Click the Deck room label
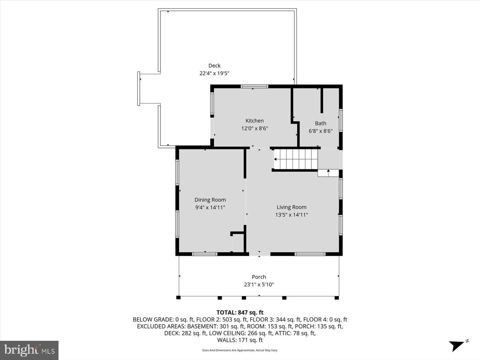pyautogui.click(x=214, y=66)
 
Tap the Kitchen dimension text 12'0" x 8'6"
pyautogui.click(x=255, y=128)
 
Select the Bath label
pyautogui.click(x=321, y=123)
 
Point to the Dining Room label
pyautogui.click(x=210, y=200)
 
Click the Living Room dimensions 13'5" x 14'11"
pyautogui.click(x=291, y=215)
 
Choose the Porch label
pyautogui.click(x=259, y=277)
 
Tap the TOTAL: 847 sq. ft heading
pyautogui.click(x=240, y=312)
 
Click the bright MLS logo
pyautogui.click(x=29, y=350)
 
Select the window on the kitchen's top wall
pyautogui.click(x=254, y=86)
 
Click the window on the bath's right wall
pyautogui.click(x=341, y=120)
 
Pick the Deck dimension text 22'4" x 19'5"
pyautogui.click(x=214, y=73)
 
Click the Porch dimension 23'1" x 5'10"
pyautogui.click(x=259, y=284)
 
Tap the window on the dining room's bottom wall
pyautogui.click(x=205, y=254)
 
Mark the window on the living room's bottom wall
pyautogui.click(x=310, y=254)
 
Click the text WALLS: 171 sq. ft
pyautogui.click(x=240, y=340)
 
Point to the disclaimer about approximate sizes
pyautogui.click(x=240, y=350)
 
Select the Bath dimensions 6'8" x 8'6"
pyautogui.click(x=321, y=131)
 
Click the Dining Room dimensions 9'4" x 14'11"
pyautogui.click(x=210, y=207)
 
